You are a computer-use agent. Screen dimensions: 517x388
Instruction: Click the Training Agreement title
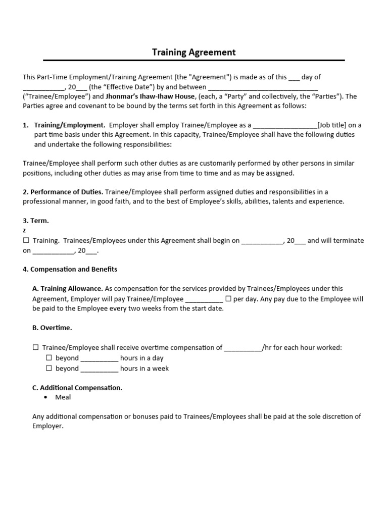(x=194, y=52)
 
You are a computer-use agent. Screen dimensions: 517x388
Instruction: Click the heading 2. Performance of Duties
(x=63, y=192)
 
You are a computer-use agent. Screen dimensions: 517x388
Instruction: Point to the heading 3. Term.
(x=36, y=221)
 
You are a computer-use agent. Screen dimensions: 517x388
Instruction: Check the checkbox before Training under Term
(x=26, y=241)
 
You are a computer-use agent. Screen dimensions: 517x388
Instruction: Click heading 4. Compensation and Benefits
(x=70, y=269)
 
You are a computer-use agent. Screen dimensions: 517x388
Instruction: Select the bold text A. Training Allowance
(x=68, y=289)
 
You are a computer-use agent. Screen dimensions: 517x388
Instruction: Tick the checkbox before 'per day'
(x=228, y=299)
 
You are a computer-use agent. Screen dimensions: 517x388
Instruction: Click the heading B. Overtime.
(x=52, y=328)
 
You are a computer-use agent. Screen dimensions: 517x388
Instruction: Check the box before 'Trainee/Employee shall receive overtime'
(x=36, y=348)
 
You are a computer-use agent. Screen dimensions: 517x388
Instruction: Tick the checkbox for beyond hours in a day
(x=49, y=358)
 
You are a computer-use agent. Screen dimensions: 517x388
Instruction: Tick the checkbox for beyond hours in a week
(x=49, y=368)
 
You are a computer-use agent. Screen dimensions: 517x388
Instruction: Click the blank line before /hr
(x=243, y=348)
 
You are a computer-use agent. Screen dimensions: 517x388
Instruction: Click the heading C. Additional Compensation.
(x=77, y=388)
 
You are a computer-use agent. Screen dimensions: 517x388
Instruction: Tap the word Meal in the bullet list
(x=63, y=397)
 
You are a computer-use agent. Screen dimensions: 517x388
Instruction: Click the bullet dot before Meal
(x=46, y=397)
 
